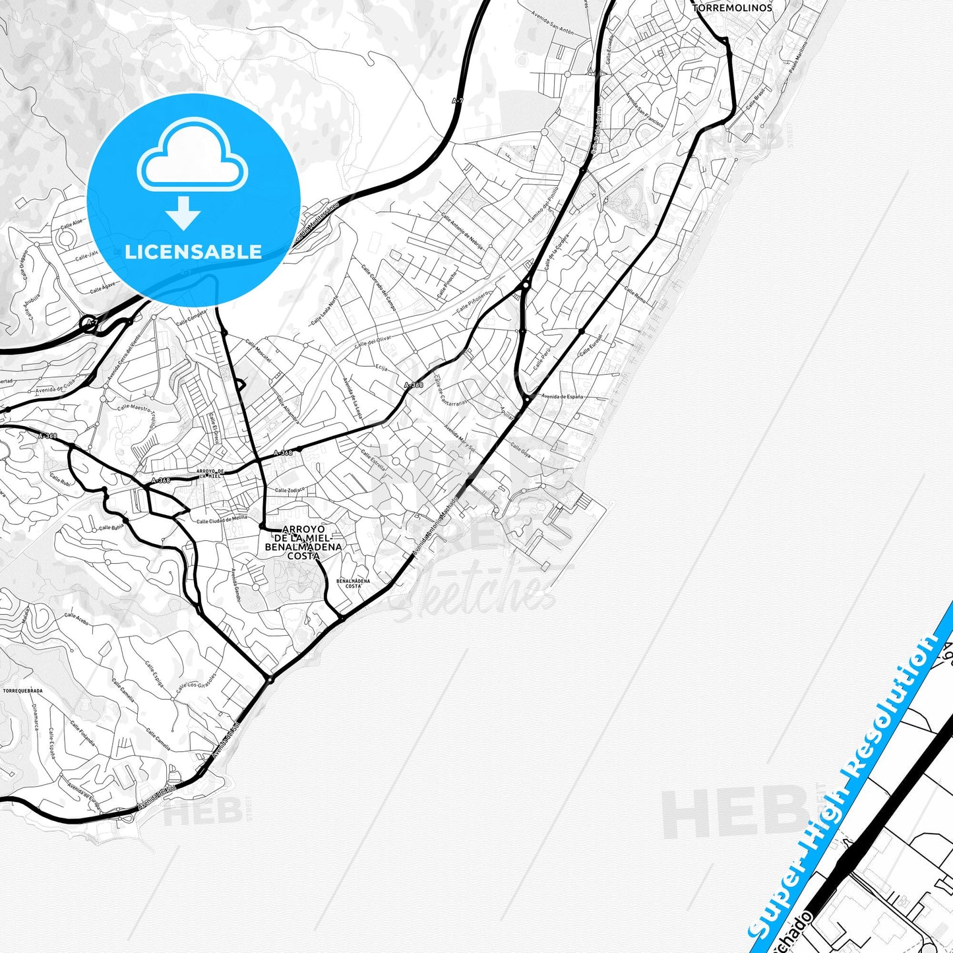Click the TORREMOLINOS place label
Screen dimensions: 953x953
point(732,8)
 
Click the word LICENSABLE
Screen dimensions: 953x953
point(193,252)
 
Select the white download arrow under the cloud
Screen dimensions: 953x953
point(183,213)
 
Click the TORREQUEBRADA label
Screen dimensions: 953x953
point(23,691)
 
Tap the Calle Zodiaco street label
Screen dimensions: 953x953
point(290,490)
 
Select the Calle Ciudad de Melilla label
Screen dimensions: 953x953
point(222,520)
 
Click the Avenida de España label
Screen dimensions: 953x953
point(562,396)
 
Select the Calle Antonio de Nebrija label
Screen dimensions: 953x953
point(462,231)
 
